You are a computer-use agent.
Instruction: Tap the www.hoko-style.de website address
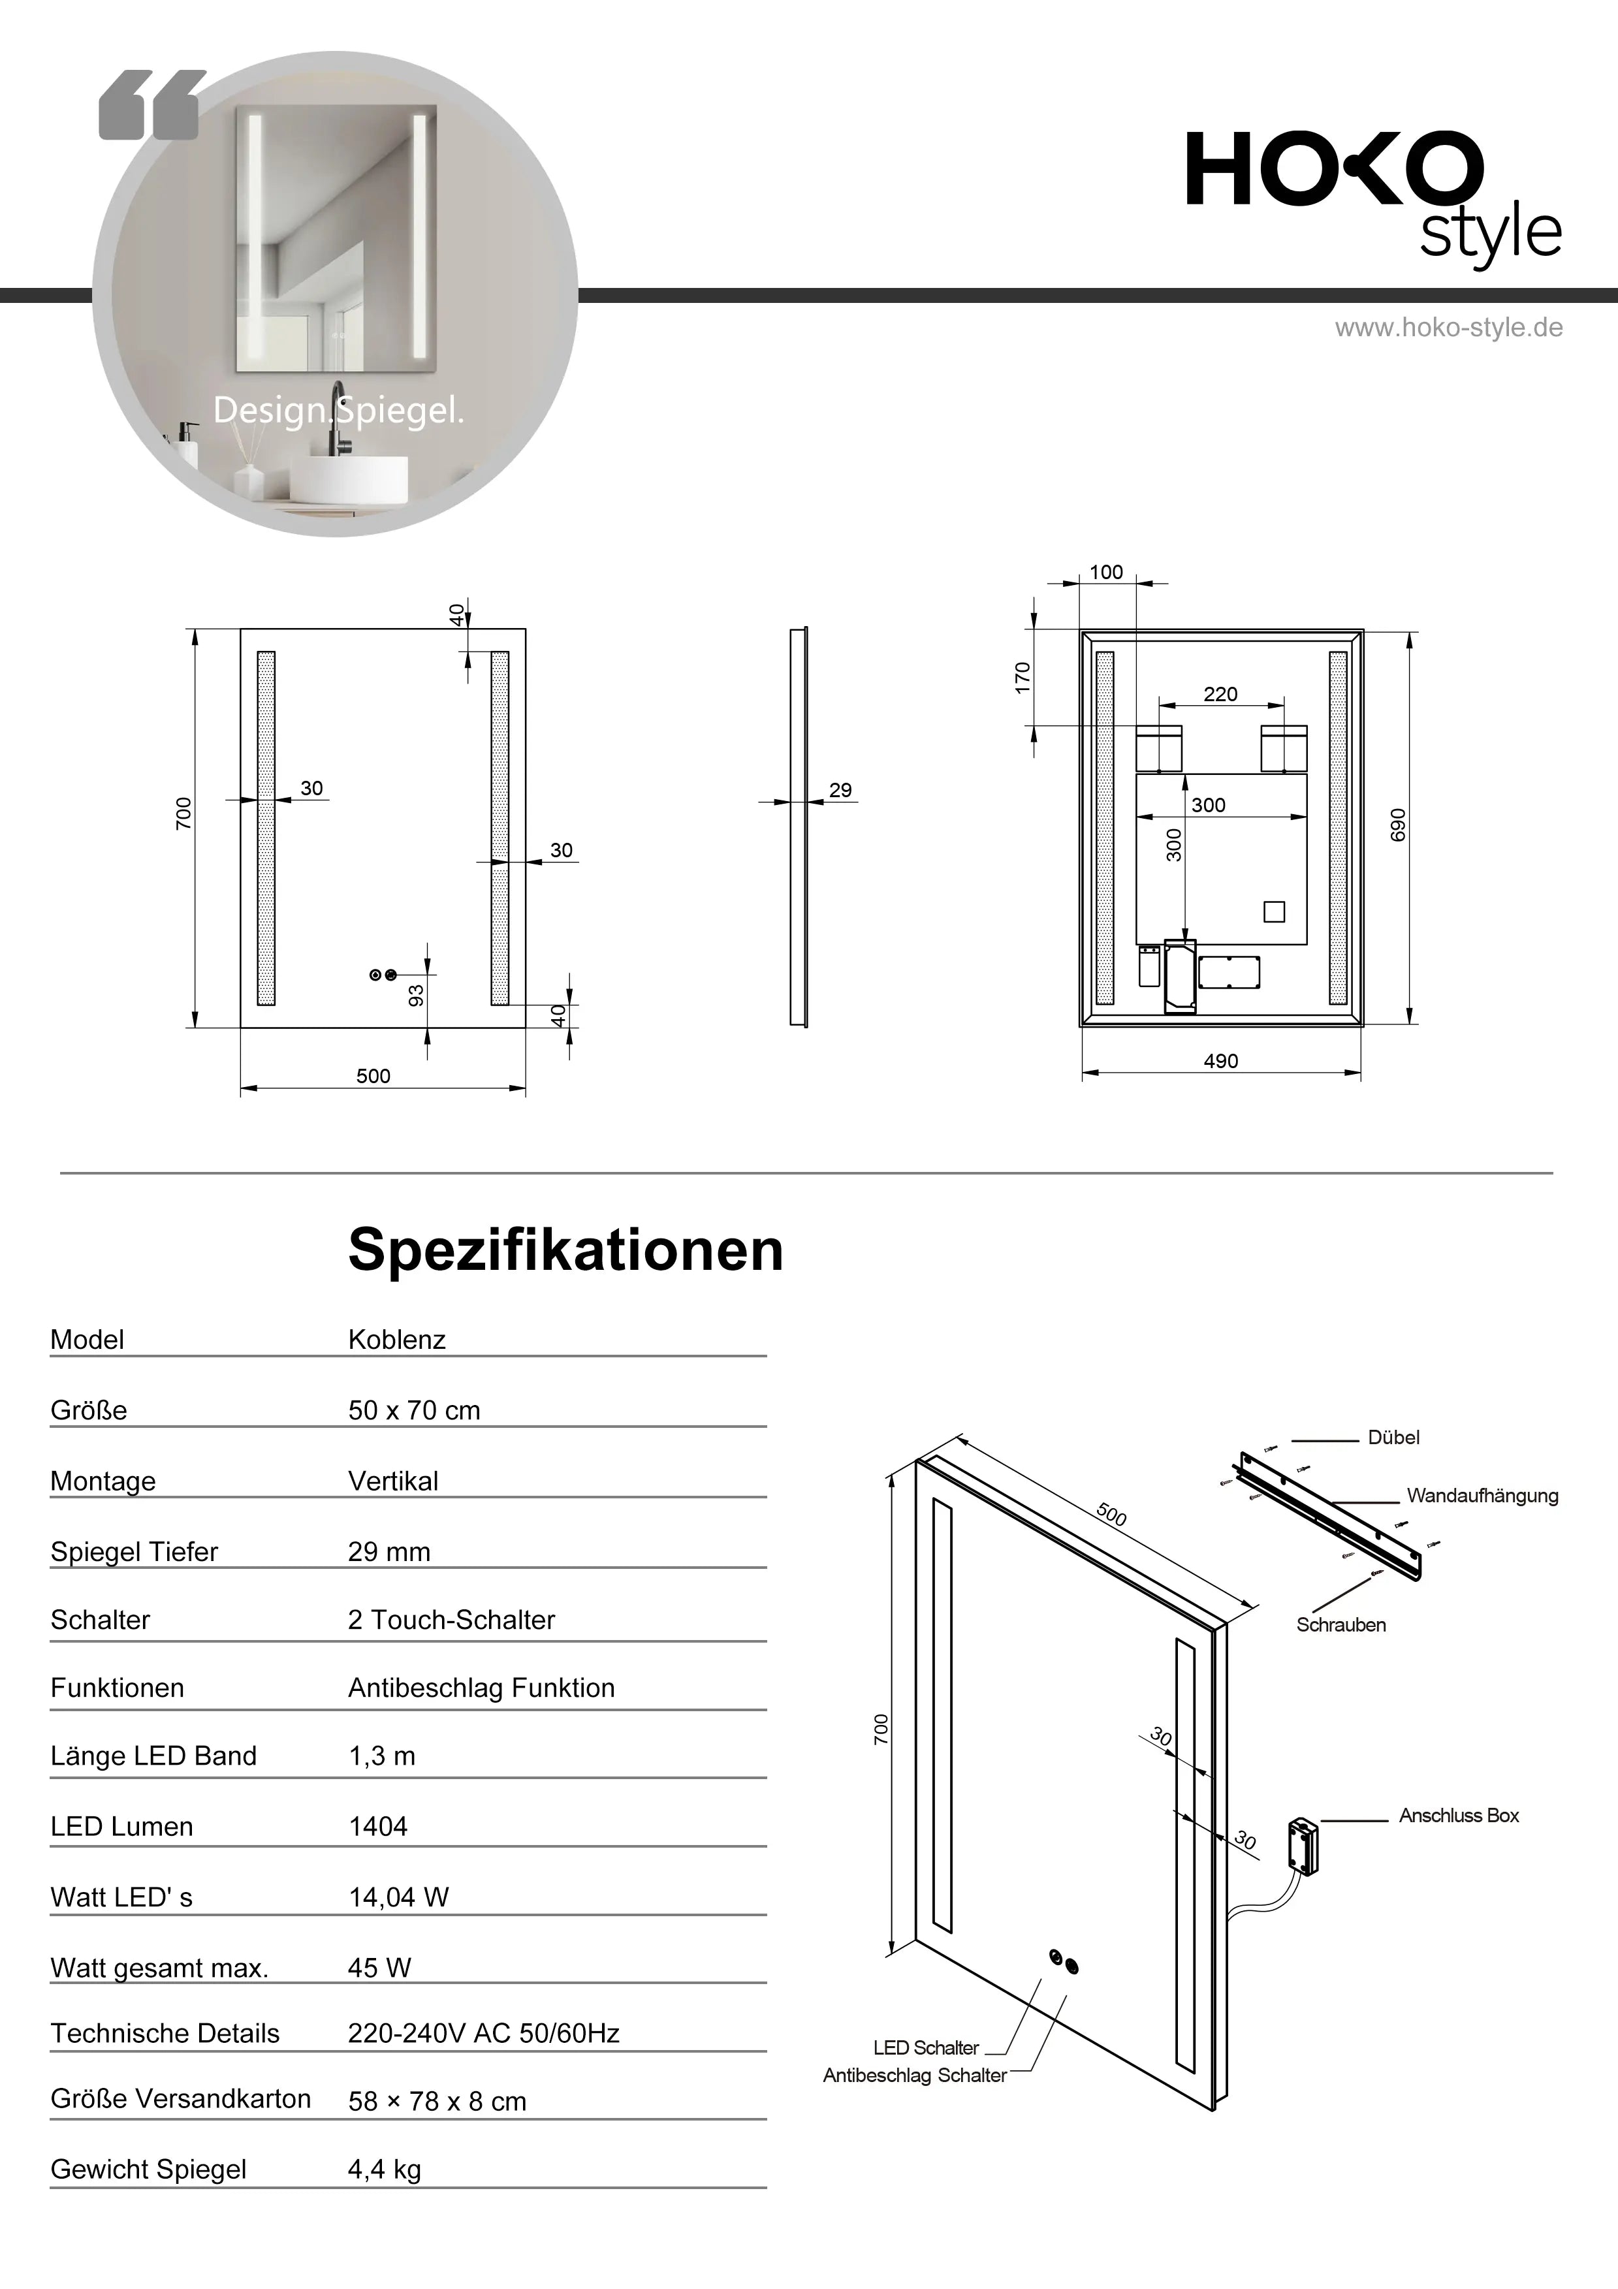coord(1448,328)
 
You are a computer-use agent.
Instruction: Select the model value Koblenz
coord(397,1339)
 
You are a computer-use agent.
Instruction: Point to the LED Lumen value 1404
coord(378,1826)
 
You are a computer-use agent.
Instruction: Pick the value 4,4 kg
coord(384,2170)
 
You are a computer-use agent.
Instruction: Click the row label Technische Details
coord(165,2033)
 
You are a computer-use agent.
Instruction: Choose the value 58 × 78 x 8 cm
coord(437,2102)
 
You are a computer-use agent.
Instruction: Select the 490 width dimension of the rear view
coord(1220,1061)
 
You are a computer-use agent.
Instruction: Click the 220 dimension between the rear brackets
coord(1220,694)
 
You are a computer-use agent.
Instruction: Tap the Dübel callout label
coord(1393,1438)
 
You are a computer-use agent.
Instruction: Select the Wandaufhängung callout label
coord(1482,1496)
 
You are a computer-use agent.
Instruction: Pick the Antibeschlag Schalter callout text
coord(914,2076)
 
